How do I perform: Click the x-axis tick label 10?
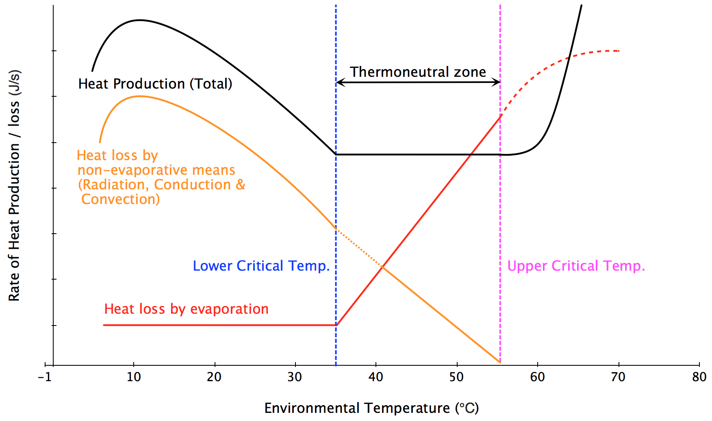pos(134,377)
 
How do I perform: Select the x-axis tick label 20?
pos(214,377)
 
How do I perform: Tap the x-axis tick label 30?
pos(295,377)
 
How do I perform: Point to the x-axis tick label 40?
pos(376,377)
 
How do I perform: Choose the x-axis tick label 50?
pos(456,377)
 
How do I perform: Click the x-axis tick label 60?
pos(537,377)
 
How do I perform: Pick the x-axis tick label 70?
pos(618,377)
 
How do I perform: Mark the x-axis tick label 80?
pos(699,377)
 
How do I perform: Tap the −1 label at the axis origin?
pos(45,377)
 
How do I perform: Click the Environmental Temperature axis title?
pos(371,408)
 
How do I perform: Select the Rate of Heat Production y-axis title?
pos(14,186)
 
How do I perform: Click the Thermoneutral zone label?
pos(418,72)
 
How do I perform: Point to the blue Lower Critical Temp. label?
pos(261,266)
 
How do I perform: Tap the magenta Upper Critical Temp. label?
pos(576,266)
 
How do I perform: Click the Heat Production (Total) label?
pos(155,84)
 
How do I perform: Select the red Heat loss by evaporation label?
pos(186,309)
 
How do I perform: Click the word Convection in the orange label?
pos(120,199)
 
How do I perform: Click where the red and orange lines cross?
pos(382,267)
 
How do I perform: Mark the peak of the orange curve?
pos(139,96)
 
